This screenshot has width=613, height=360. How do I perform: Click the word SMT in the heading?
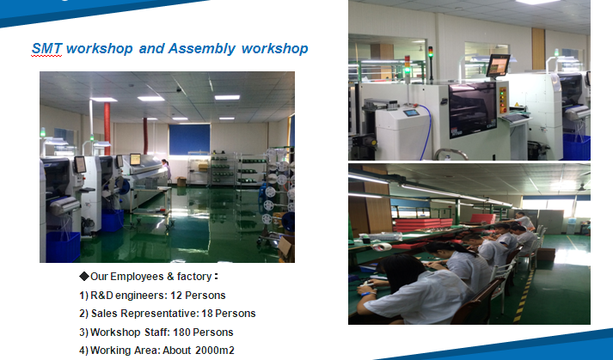pos(46,48)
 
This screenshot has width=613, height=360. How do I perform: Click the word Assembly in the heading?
pos(202,49)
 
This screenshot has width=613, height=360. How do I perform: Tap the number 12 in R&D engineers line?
pos(176,295)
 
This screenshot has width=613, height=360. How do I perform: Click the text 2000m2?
pos(215,351)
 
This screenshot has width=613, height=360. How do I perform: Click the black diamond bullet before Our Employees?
pos(84,277)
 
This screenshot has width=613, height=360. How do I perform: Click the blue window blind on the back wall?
pos(189,139)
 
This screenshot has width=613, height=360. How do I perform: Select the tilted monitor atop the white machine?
pos(498,65)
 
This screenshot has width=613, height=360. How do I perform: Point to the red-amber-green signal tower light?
pos(408,65)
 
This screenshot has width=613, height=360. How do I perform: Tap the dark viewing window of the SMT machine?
pos(472,109)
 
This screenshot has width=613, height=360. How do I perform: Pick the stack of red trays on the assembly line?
pos(422,224)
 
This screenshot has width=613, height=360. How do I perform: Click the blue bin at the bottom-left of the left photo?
pos(63,247)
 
